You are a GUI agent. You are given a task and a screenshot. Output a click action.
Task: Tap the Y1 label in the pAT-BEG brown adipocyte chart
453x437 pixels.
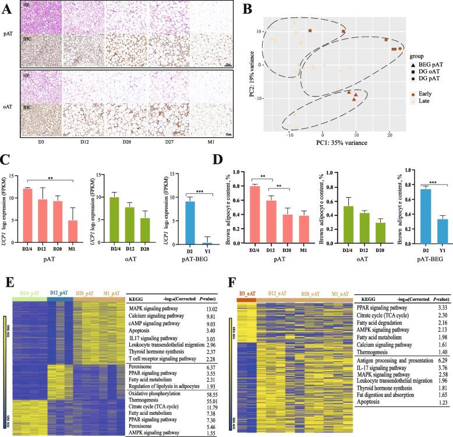tap(429, 244)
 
